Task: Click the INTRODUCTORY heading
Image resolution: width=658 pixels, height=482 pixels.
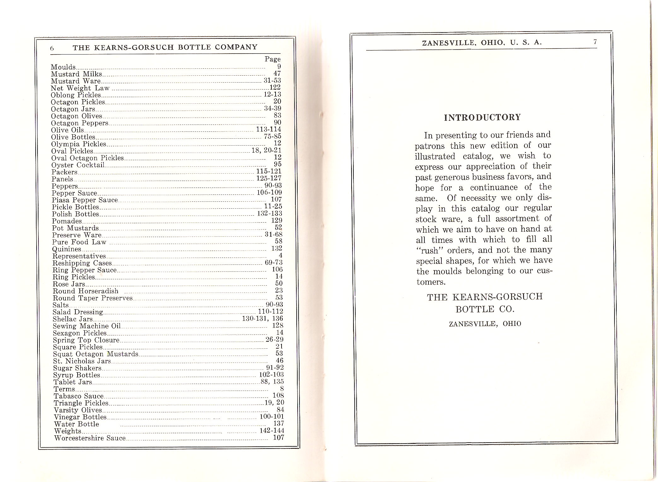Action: [x=482, y=118]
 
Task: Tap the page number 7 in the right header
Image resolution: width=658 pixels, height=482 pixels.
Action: [x=595, y=42]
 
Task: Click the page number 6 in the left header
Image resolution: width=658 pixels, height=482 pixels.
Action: [x=52, y=48]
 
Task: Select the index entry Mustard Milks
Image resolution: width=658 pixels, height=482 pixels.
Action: [x=77, y=74]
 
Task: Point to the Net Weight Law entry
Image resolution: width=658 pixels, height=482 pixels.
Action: [x=80, y=88]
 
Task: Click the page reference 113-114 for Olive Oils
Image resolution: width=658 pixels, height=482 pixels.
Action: [x=268, y=130]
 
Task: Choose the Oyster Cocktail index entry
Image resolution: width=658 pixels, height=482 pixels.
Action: [x=78, y=165]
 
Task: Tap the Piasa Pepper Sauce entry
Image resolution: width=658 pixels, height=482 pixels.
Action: [x=85, y=200]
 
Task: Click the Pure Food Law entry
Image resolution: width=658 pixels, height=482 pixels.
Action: [x=79, y=242]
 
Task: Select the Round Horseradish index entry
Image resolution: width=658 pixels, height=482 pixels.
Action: [x=85, y=291]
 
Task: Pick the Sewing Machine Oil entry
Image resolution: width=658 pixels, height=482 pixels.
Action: [x=87, y=326]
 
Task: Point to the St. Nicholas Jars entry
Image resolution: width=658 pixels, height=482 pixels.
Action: [x=82, y=361]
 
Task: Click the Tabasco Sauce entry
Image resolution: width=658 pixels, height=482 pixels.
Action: [x=79, y=396]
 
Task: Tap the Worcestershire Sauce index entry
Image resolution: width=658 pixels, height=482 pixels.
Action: [x=90, y=438]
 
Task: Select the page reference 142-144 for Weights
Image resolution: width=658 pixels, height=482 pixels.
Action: [x=272, y=431]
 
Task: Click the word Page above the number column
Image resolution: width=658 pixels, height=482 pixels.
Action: [x=272, y=59]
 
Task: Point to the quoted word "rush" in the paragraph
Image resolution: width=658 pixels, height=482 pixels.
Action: [x=428, y=251]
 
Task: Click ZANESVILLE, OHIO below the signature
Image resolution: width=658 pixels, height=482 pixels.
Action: [x=485, y=324]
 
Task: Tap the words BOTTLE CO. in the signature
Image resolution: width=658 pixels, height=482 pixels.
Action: [x=485, y=309]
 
